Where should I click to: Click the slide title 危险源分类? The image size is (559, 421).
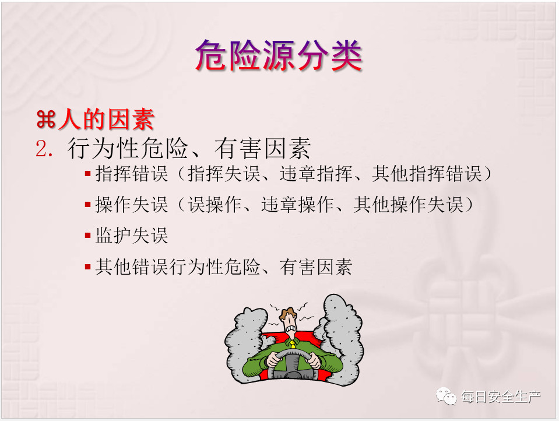(279, 55)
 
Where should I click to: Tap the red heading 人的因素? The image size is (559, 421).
(106, 119)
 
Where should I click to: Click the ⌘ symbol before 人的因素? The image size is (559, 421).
(46, 120)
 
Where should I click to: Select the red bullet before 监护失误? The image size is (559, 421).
(87, 236)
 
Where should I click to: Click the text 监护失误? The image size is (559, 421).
(132, 236)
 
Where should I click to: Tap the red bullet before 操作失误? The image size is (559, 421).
(87, 205)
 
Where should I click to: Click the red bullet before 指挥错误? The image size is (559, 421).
(87, 174)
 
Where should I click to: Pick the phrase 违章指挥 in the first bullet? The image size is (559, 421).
(316, 174)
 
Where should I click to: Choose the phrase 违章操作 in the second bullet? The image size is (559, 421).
(298, 205)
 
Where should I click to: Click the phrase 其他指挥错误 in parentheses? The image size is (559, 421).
(427, 174)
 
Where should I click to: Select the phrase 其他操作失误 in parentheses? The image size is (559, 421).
(409, 205)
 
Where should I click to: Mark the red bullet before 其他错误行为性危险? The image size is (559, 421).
(87, 266)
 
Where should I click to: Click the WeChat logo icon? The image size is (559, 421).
(446, 396)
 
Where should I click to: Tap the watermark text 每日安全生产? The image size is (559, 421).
(501, 397)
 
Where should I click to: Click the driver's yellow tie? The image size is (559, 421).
(293, 344)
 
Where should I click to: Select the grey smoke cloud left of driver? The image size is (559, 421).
(246, 342)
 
